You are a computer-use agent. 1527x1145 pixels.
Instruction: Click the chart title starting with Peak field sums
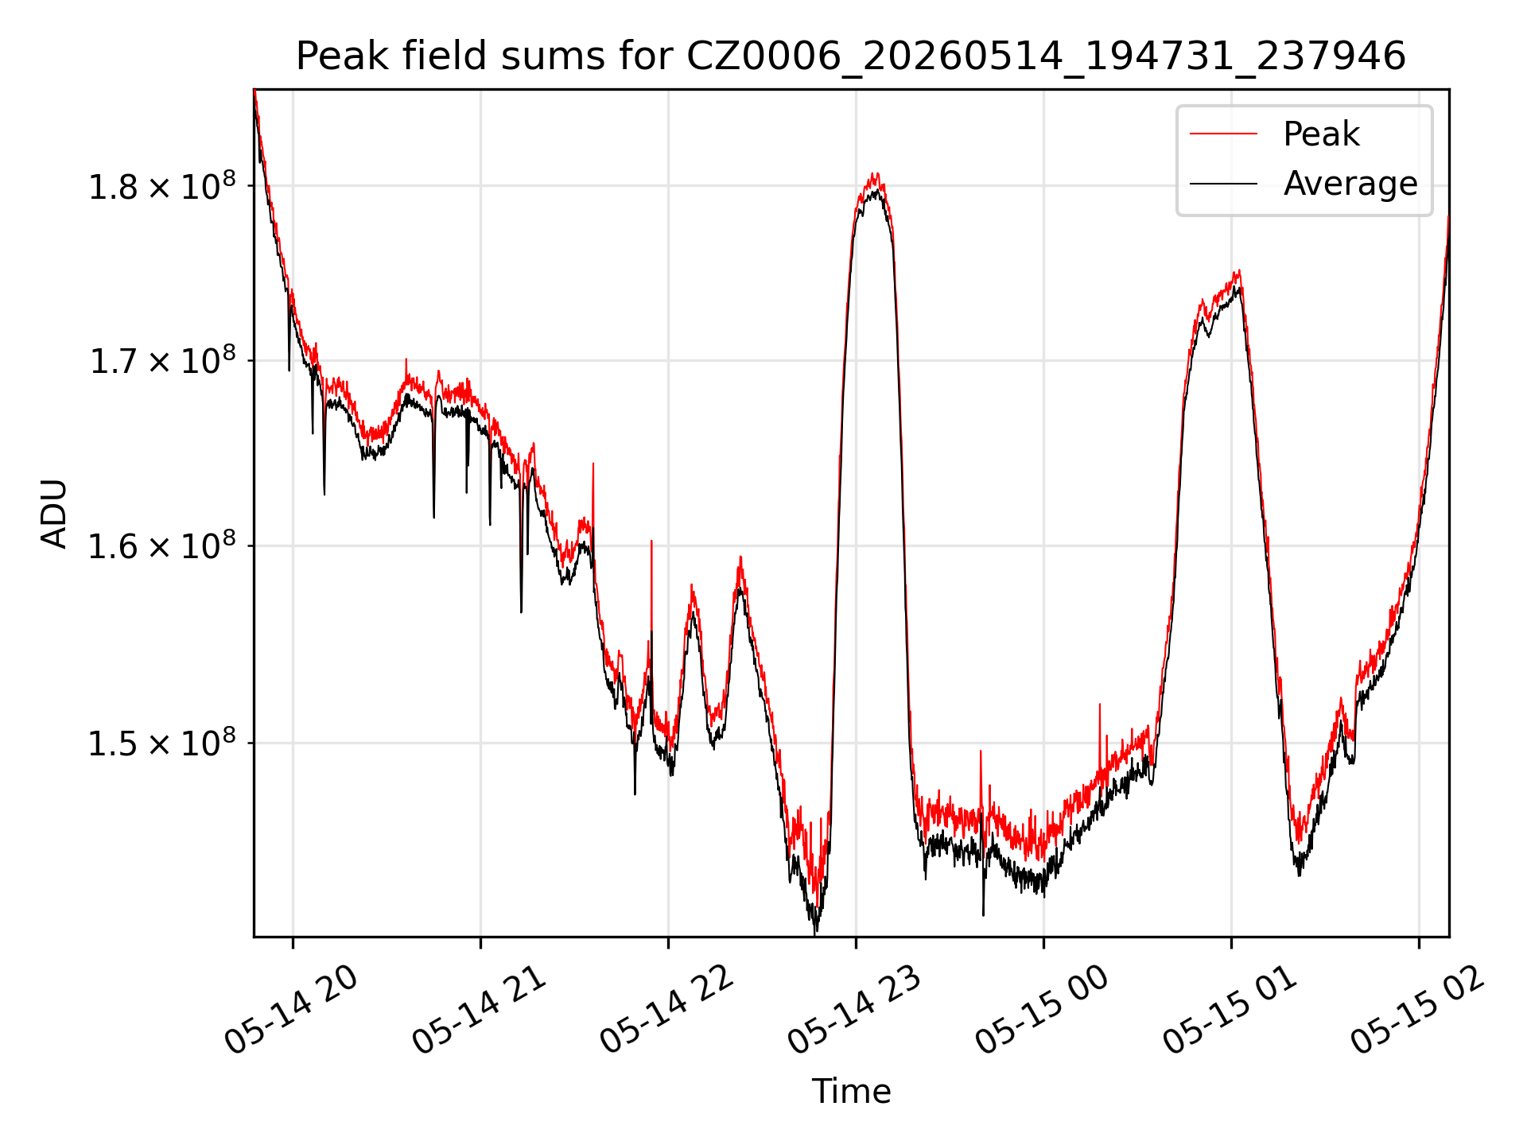(851, 57)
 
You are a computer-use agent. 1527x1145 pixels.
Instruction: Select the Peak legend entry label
(1321, 134)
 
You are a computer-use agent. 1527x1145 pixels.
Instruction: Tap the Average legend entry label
(1350, 184)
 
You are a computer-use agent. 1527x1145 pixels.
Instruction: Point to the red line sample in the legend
(1223, 134)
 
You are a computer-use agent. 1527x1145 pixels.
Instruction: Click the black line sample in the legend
(1223, 184)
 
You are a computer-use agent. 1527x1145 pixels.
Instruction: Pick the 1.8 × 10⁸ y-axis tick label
(162, 187)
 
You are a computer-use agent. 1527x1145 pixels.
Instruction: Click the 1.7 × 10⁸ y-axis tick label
(162, 361)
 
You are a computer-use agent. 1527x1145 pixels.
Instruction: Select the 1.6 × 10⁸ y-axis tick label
(162, 546)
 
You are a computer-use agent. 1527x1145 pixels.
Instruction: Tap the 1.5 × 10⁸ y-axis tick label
(162, 743)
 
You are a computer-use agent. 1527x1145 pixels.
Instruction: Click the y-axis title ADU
(55, 514)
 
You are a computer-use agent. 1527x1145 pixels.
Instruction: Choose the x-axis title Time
(851, 1092)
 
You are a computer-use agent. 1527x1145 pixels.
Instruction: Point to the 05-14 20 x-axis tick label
(291, 1010)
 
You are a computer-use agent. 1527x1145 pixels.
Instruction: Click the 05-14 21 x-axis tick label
(479, 1010)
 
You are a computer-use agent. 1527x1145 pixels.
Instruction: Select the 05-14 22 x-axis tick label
(666, 1010)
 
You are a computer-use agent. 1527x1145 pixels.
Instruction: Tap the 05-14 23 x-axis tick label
(854, 1010)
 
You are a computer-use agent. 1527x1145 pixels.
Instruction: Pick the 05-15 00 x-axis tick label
(1042, 1010)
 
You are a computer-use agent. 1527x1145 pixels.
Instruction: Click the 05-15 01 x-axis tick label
(1230, 1010)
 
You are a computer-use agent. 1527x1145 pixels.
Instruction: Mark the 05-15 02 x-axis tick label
(1417, 1010)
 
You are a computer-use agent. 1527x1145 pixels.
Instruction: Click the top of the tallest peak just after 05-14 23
(875, 173)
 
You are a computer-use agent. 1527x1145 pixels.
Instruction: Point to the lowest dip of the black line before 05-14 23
(815, 933)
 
